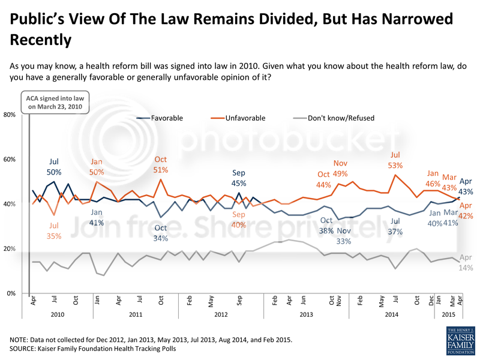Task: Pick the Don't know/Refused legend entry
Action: click(340, 118)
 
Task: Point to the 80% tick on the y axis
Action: click(10, 115)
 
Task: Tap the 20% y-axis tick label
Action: click(10, 248)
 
